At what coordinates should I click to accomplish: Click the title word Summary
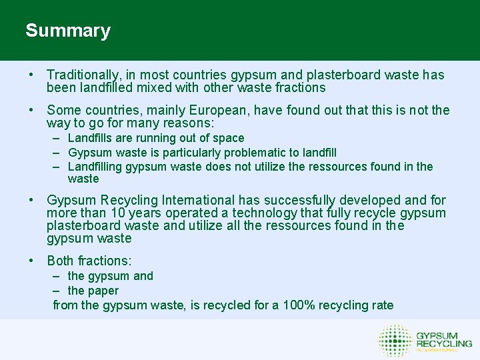click(68, 31)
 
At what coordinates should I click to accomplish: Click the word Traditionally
click(83, 75)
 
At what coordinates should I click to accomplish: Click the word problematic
click(251, 153)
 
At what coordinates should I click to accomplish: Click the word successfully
click(301, 200)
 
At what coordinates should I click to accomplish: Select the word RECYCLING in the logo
click(444, 343)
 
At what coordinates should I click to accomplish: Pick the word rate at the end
click(382, 305)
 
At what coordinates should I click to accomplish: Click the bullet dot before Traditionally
click(31, 75)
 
